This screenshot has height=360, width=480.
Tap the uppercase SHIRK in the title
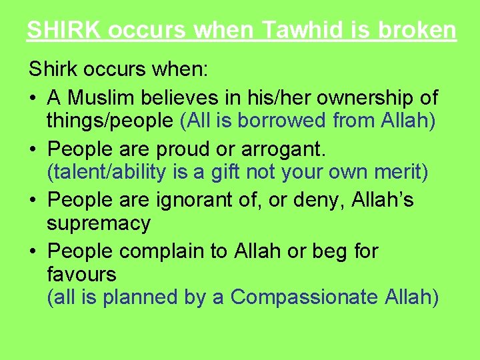[x=63, y=31]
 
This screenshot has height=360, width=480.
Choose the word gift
[x=217, y=172]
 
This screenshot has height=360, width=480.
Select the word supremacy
[x=99, y=223]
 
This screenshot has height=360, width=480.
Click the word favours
[x=81, y=273]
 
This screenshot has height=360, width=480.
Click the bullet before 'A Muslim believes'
[x=33, y=99]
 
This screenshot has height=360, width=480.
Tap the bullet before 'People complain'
[x=33, y=251]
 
